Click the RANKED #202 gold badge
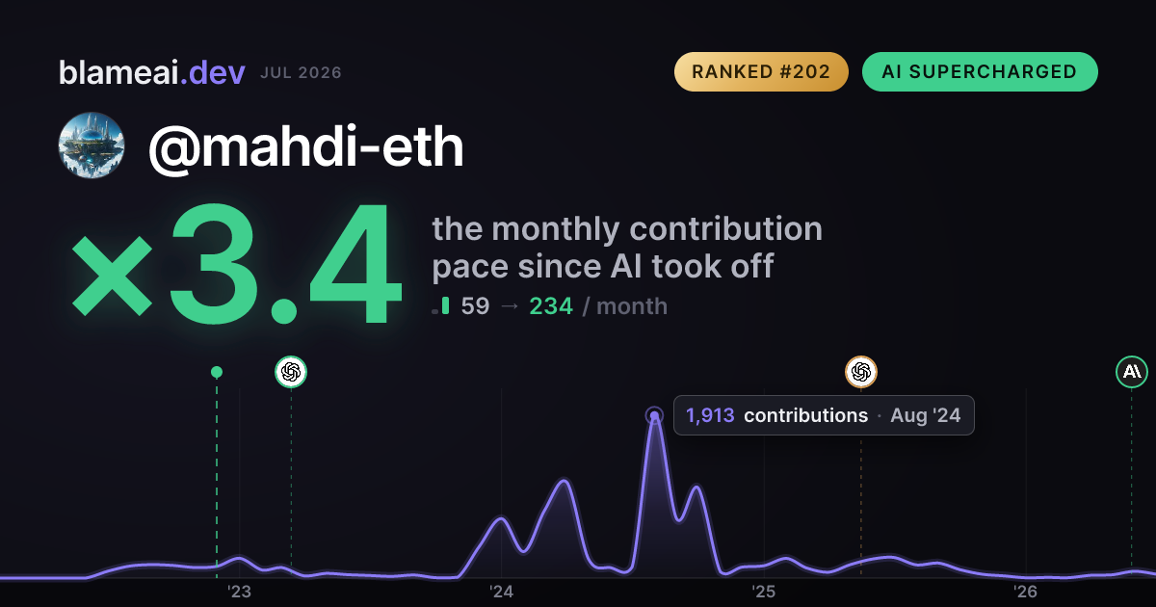[x=761, y=71]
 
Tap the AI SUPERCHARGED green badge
[x=980, y=71]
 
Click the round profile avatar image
[x=92, y=145]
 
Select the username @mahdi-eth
[x=306, y=147]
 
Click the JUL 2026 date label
[x=301, y=73]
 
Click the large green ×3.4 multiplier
[x=236, y=263]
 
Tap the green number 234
[x=551, y=306]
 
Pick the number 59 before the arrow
[x=475, y=306]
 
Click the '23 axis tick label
[x=239, y=592]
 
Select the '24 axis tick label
[x=501, y=592]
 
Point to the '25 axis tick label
[x=763, y=592]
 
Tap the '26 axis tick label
[x=1025, y=592]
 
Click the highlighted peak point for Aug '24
[x=654, y=415]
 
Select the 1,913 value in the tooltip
[x=710, y=415]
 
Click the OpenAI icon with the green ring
[x=291, y=372]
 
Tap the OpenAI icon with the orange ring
[x=861, y=372]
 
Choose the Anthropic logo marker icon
[x=1132, y=372]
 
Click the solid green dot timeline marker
[x=217, y=372]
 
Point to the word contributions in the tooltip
[x=805, y=415]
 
